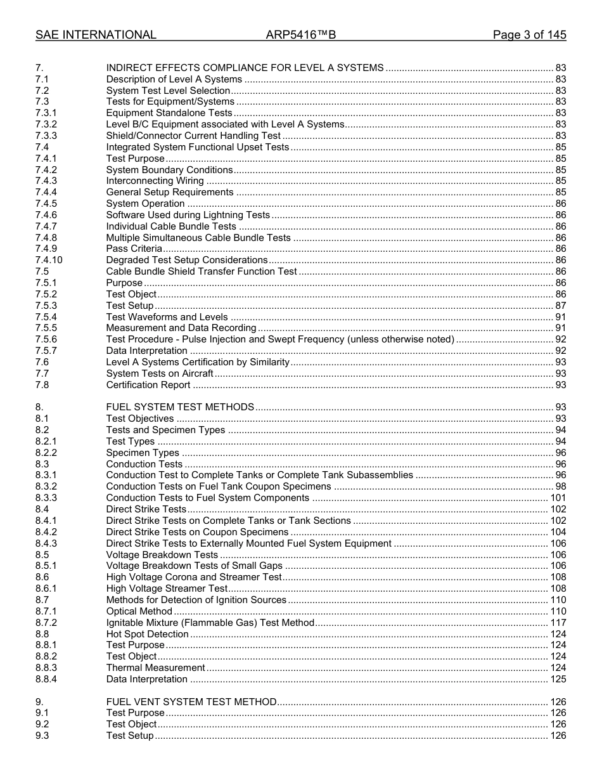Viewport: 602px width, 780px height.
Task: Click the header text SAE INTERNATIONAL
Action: point(96,35)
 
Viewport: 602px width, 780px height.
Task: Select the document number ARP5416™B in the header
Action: point(300,35)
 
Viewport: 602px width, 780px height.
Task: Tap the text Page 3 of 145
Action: point(529,35)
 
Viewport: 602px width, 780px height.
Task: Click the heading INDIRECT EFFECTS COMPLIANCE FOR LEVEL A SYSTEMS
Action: point(245,68)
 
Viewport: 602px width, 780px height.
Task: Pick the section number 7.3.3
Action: point(46,136)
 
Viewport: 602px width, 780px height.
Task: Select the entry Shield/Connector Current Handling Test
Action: point(193,136)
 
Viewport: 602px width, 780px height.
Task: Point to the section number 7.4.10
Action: point(49,260)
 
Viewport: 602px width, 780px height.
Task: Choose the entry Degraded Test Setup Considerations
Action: point(187,260)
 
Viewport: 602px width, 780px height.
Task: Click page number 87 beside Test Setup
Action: point(560,306)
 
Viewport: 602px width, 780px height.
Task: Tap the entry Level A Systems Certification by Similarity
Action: point(198,362)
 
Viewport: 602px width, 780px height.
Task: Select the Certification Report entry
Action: point(148,385)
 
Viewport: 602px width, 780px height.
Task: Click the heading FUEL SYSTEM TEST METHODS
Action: point(180,407)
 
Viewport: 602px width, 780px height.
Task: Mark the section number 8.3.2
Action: point(46,486)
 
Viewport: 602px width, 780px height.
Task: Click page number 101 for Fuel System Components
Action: point(558,498)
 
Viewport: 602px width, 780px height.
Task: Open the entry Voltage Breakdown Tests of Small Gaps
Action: point(195,566)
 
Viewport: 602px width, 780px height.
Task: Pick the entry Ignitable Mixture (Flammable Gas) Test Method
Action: point(210,623)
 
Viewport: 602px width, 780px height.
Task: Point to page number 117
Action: point(558,623)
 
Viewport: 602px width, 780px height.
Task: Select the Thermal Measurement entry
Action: point(156,668)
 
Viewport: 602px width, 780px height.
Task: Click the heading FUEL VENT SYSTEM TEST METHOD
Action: point(191,702)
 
